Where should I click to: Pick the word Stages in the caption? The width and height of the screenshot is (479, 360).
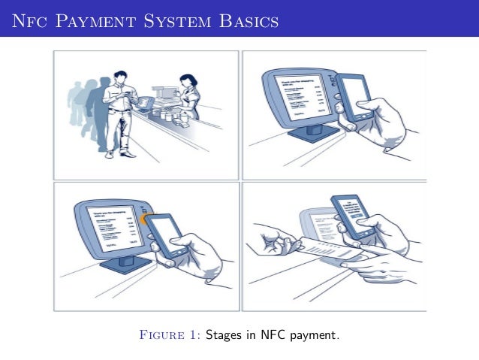[223, 334]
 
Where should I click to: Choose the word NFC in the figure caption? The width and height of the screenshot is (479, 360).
[264, 334]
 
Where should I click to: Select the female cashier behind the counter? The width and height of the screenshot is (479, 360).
[188, 94]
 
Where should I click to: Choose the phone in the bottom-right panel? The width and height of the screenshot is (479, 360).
[353, 214]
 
